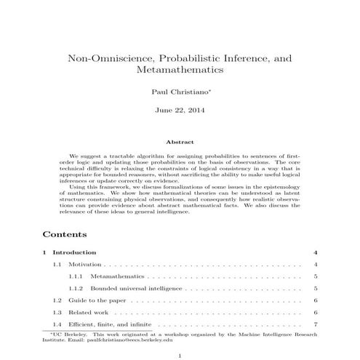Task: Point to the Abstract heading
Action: tap(180, 142)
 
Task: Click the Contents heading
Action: tap(65, 235)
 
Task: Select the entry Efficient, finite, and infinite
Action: tap(110, 324)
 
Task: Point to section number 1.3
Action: tap(57, 312)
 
